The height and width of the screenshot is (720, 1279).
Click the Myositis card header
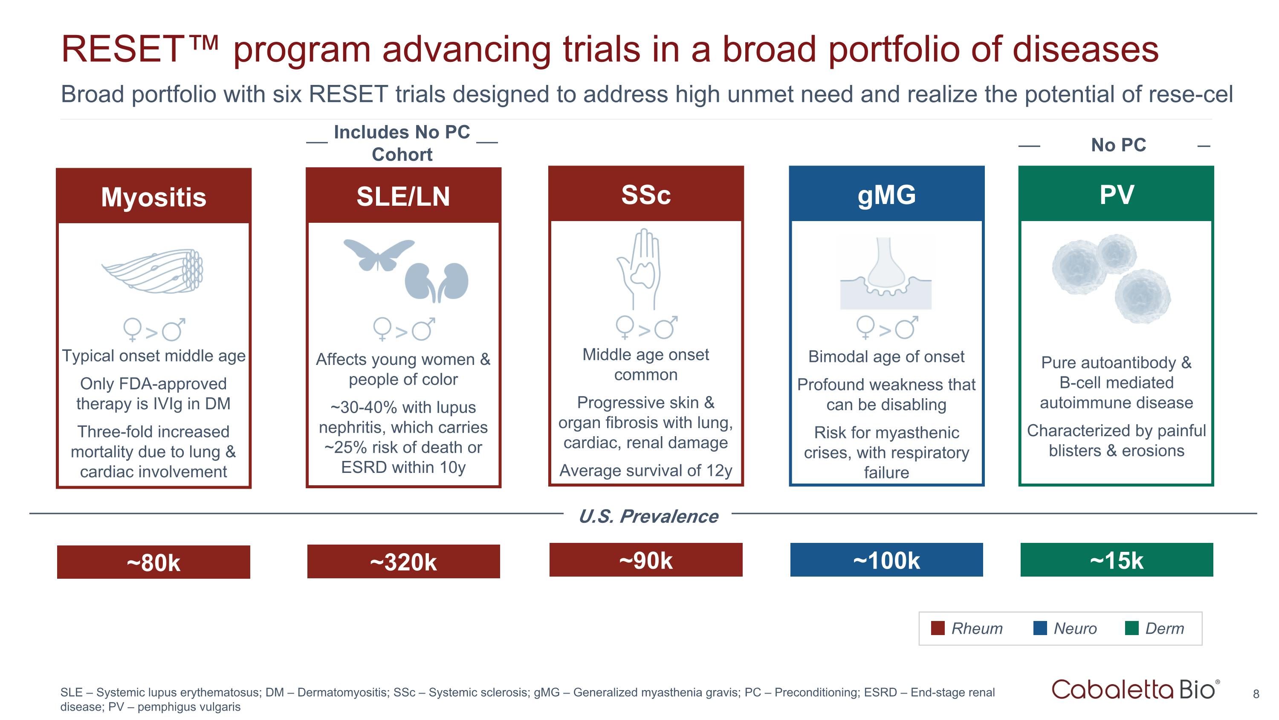click(153, 197)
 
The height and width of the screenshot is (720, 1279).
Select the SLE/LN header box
click(403, 196)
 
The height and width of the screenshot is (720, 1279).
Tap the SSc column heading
click(645, 194)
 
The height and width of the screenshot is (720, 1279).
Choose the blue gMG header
click(886, 194)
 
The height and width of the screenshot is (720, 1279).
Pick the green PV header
click(1116, 194)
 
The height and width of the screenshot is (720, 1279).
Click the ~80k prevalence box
click(153, 562)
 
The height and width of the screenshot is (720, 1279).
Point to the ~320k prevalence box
click(403, 562)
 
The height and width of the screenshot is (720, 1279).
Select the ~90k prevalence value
click(645, 560)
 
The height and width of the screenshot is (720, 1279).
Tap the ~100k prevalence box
click(886, 560)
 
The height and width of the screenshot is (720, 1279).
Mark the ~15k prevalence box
click(1116, 560)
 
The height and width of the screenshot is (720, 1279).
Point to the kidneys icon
click(437, 282)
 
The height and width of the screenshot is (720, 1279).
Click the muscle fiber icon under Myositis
click(154, 271)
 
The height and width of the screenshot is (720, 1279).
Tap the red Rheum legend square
click(938, 628)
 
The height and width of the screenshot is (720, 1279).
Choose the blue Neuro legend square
click(1040, 628)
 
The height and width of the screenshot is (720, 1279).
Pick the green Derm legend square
click(1131, 628)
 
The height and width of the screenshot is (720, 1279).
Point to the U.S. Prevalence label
click(648, 516)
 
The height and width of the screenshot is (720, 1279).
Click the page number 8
click(1256, 694)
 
